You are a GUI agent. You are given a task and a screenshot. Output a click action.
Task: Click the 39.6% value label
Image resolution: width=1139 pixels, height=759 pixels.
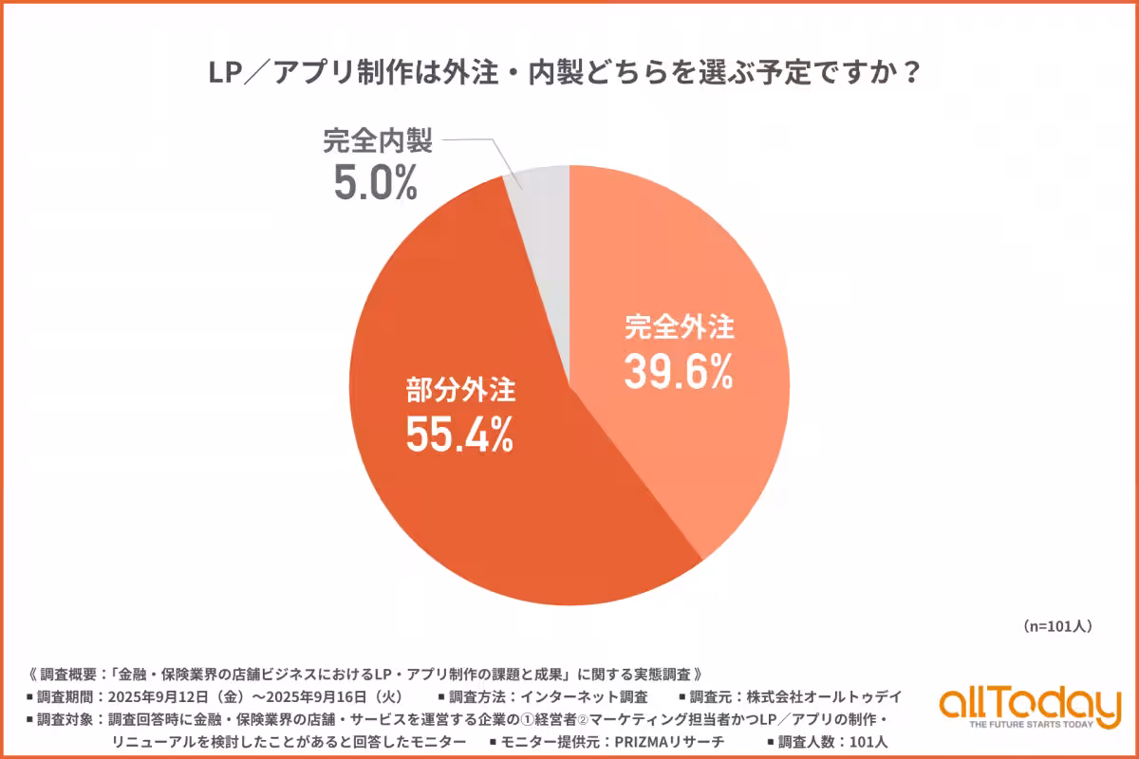[x=679, y=371]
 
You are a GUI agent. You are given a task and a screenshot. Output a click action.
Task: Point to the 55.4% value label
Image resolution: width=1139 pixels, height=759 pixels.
[x=460, y=435]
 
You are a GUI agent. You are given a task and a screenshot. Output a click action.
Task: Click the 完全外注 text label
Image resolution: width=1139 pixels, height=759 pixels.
[x=679, y=327]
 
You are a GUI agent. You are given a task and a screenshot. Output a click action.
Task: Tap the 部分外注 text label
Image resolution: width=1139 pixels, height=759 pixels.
[x=461, y=390]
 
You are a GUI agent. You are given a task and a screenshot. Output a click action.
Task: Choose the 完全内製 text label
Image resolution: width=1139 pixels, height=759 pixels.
[x=377, y=142]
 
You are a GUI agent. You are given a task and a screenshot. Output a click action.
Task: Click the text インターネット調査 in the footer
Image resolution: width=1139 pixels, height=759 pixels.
[x=588, y=697]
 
